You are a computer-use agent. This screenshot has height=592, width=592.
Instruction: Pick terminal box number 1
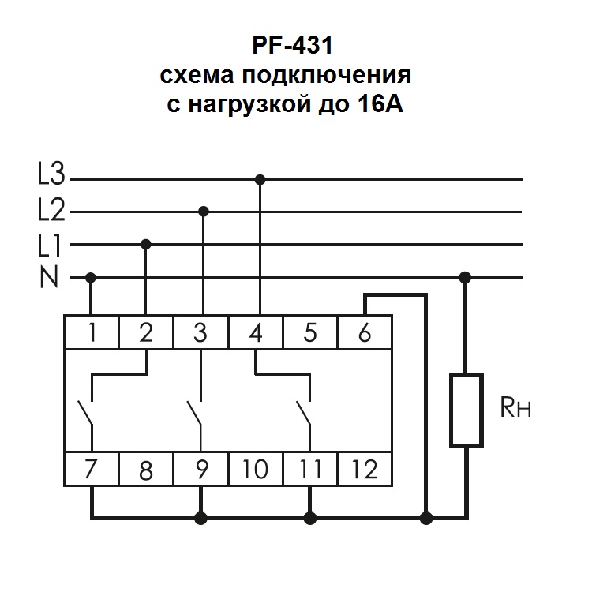click(x=91, y=332)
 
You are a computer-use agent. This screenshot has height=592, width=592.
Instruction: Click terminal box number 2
click(x=145, y=332)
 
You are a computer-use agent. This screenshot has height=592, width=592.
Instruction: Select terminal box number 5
click(x=310, y=332)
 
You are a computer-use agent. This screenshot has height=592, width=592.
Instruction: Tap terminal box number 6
click(x=364, y=332)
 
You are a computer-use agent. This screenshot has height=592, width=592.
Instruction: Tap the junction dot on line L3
click(x=260, y=179)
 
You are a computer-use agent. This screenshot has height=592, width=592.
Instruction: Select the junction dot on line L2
click(x=204, y=212)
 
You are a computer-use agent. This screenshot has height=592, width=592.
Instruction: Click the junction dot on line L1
click(x=145, y=245)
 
